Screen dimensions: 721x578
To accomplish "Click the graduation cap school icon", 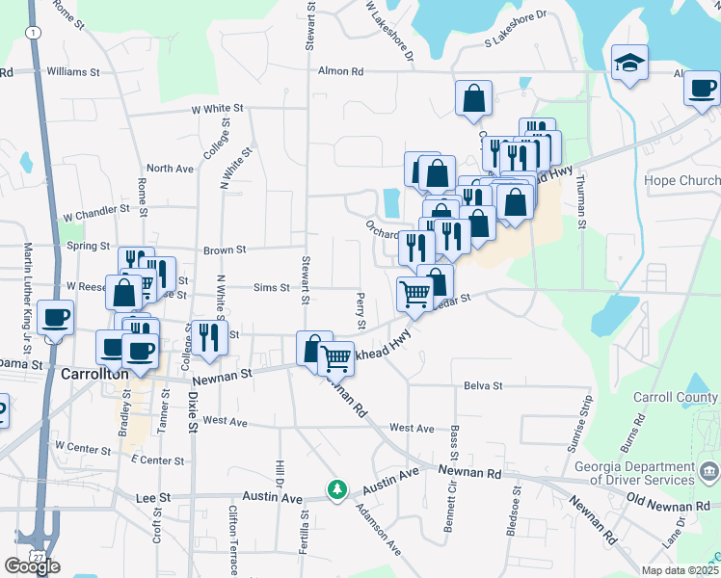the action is coord(629,64).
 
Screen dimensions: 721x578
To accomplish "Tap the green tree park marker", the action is coord(336,490).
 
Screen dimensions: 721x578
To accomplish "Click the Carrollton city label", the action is coord(94,374).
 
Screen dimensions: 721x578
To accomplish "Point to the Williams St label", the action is coord(73,71).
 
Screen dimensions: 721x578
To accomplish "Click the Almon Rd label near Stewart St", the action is coord(342,71).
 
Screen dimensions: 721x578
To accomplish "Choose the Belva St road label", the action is coord(483,385).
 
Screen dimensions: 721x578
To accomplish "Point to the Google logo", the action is coord(32,566).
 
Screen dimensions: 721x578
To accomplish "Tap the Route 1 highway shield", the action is coord(35,32).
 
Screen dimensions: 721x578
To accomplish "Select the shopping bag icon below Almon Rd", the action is coord(474,97).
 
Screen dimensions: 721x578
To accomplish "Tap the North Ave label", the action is coord(171,169).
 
